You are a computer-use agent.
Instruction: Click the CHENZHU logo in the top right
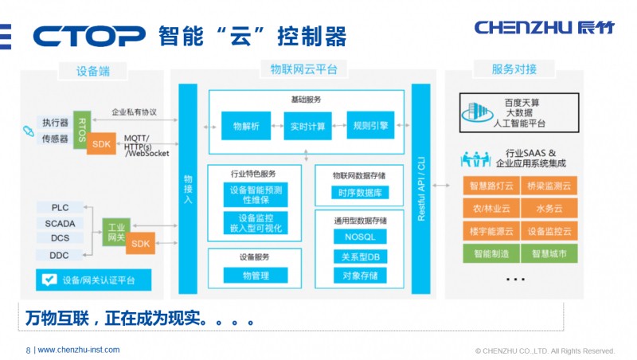coord(545,27)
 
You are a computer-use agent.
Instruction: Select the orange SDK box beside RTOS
coord(102,143)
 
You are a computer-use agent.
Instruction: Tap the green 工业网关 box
coord(115,231)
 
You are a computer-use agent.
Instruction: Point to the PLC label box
coord(61,208)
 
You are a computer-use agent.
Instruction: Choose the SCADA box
coord(61,223)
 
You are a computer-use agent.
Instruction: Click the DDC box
coord(61,255)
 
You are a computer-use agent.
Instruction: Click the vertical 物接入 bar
coord(188,188)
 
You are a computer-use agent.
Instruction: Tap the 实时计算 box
coord(307,126)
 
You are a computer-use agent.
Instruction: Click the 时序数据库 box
coord(359,193)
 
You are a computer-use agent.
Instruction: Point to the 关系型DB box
coord(359,256)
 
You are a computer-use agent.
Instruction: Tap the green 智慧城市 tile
coord(549,254)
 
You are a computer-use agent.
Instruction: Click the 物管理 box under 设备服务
coord(255,276)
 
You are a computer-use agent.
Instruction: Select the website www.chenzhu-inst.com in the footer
coord(79,350)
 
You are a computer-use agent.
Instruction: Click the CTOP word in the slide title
coord(89,36)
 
